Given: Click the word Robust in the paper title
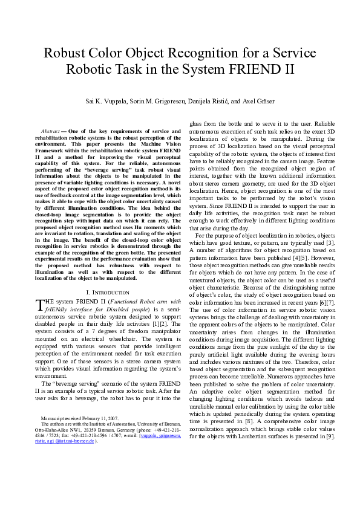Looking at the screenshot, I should click(x=67, y=53).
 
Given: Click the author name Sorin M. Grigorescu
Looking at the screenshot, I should click(x=157, y=101).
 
